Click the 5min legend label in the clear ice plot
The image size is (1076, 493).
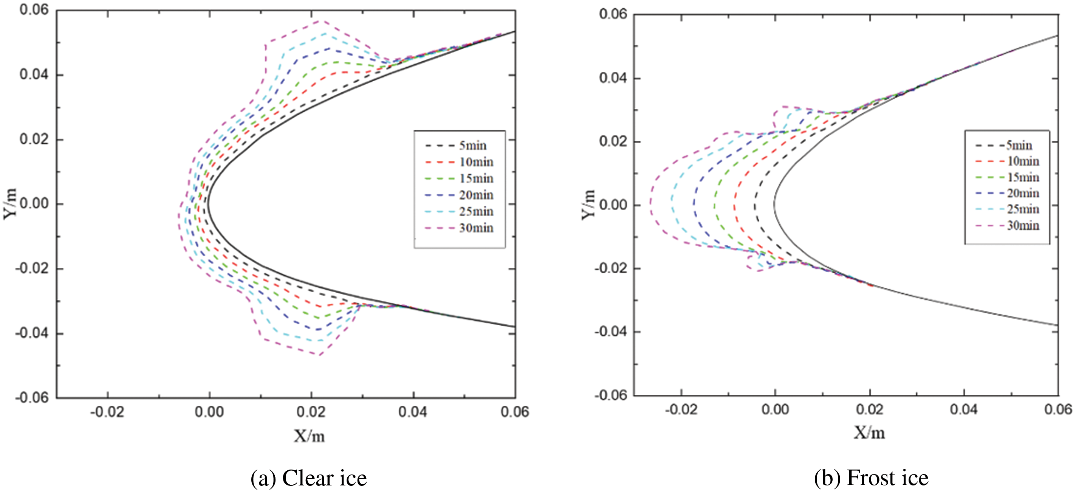tap(473, 146)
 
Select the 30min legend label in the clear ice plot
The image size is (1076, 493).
tap(476, 228)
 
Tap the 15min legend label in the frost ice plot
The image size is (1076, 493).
tap(1023, 177)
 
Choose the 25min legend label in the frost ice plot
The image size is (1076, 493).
tap(1023, 209)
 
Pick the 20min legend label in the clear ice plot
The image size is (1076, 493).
tap(476, 195)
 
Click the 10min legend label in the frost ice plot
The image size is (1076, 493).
tap(1023, 161)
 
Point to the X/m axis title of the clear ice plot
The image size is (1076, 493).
tap(309, 436)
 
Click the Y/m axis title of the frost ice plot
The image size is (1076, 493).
tap(588, 204)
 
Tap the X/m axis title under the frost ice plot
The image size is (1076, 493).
tap(869, 433)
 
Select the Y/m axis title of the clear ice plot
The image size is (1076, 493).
tap(10, 203)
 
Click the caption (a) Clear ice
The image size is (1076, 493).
tap(309, 478)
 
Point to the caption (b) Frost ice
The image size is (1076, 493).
tap(871, 477)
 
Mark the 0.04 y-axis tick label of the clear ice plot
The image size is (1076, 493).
tap(34, 75)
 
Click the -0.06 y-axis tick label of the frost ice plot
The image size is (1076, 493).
tap(611, 395)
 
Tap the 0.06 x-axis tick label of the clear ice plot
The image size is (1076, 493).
tap(515, 412)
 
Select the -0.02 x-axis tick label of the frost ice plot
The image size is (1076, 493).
tap(681, 409)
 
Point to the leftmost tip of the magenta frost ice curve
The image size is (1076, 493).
tap(650, 203)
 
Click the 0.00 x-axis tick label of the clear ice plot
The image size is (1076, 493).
tap(209, 412)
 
